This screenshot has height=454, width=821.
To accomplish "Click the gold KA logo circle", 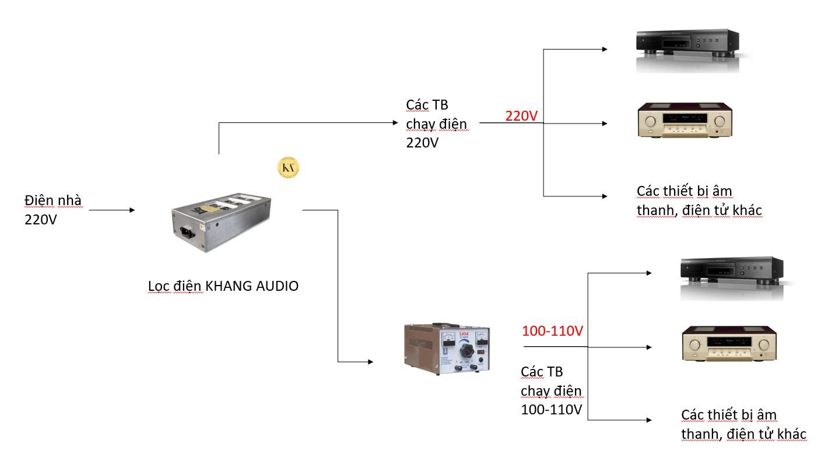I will (288, 168).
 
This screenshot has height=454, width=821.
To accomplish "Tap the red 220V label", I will (521, 116).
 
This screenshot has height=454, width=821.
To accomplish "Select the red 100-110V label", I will (552, 331).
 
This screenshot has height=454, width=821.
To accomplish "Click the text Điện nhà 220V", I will (52, 210).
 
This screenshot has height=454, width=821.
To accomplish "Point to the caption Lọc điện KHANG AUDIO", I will (223, 286).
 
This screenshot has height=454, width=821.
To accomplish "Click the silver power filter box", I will (222, 221).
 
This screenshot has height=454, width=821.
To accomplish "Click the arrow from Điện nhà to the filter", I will (111, 210).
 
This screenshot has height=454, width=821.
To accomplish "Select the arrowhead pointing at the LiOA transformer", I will (370, 362).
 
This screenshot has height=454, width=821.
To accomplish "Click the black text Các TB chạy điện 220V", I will (436, 124).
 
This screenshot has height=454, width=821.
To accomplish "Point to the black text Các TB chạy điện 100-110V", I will (551, 390).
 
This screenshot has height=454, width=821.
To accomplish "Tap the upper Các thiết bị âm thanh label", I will (699, 200).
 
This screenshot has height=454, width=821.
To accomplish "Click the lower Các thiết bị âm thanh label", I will (743, 424).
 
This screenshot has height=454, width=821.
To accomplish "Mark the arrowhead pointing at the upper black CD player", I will (605, 49).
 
